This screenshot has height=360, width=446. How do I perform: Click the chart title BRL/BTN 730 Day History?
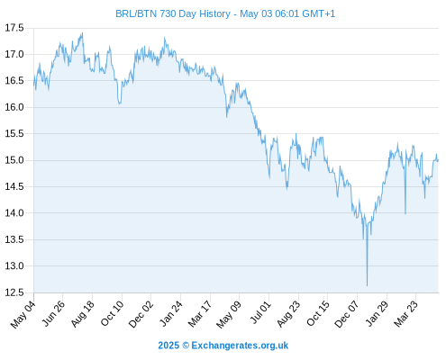[x=173, y=13]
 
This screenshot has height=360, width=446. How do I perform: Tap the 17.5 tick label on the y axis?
[x=14, y=28]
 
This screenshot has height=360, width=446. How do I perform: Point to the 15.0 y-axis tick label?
[x=14, y=160]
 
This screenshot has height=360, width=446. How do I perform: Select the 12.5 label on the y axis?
[x=14, y=292]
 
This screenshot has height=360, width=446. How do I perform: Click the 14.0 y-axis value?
[x=14, y=213]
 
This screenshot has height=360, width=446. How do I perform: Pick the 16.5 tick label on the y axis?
[x=14, y=81]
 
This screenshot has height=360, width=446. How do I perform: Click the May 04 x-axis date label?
[x=23, y=315]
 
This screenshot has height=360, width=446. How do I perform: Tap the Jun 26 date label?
[x=53, y=314]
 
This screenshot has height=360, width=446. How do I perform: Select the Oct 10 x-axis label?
[x=112, y=314]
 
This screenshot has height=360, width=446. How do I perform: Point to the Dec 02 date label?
[x=141, y=314]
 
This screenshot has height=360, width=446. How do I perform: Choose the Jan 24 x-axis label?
[x=170, y=314]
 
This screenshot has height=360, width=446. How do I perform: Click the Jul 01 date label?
[x=260, y=313]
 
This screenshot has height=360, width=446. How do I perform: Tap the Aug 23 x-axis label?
[x=288, y=314]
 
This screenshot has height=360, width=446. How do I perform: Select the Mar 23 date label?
[x=405, y=314]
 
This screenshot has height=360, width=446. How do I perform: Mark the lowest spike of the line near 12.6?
[x=367, y=285]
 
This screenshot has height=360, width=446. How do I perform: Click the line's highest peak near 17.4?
[x=82, y=33]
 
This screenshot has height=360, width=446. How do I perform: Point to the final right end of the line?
[x=438, y=160]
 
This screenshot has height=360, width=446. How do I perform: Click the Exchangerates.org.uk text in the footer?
[x=240, y=346]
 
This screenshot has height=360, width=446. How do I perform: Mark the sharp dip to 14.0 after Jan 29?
[x=405, y=213]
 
